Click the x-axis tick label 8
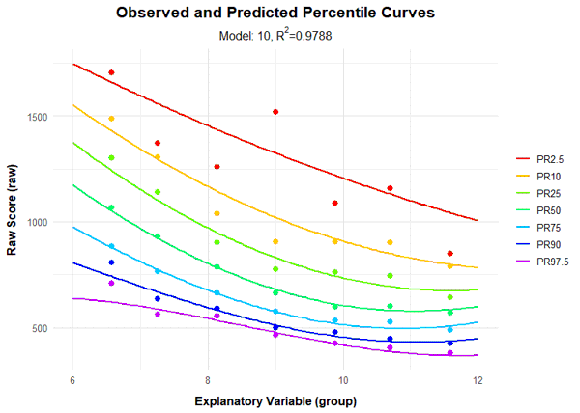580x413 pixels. click(208, 380)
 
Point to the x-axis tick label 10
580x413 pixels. click(342, 380)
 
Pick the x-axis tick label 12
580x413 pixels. click(477, 380)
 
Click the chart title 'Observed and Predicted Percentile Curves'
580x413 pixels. click(275, 14)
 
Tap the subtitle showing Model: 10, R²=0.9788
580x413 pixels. click(275, 37)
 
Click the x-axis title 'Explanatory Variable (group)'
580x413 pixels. click(275, 400)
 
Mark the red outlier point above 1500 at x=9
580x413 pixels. click(275, 112)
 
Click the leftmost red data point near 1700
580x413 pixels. click(112, 72)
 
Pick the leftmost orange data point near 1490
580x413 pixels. click(112, 119)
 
